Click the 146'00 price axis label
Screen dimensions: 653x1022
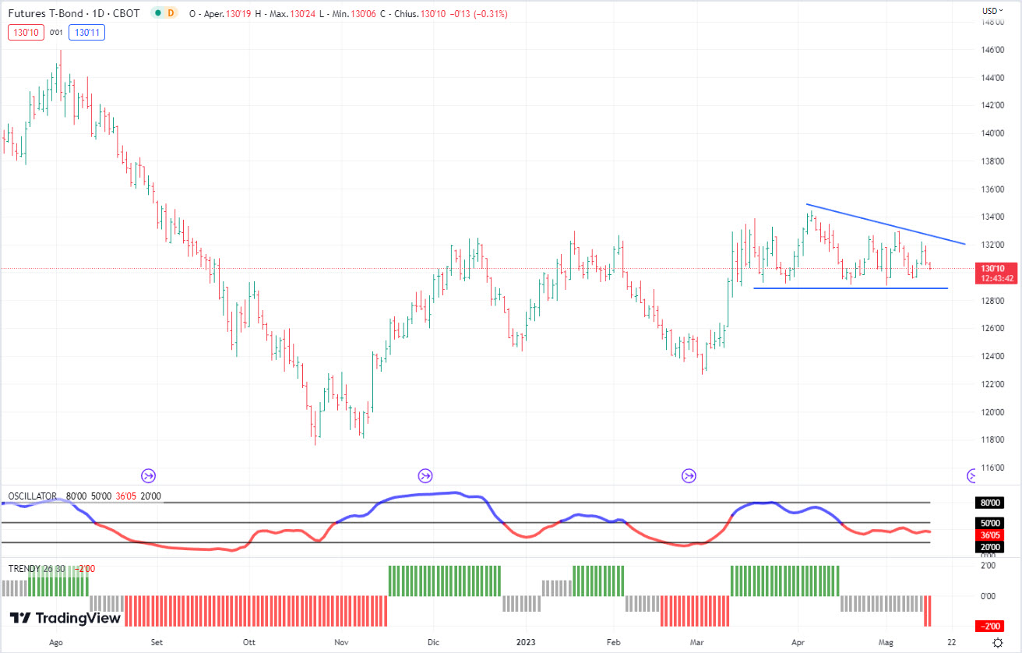coord(992,50)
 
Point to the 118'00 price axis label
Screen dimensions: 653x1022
coord(992,439)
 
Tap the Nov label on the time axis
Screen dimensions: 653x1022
coord(341,643)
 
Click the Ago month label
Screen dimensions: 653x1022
coord(55,643)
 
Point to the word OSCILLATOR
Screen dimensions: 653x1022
coord(32,496)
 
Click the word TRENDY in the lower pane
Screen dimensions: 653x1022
coord(23,568)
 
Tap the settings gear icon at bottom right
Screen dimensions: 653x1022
coord(998,643)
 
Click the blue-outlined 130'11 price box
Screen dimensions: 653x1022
coord(86,32)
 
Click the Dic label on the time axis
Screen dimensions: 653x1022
coord(433,643)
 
